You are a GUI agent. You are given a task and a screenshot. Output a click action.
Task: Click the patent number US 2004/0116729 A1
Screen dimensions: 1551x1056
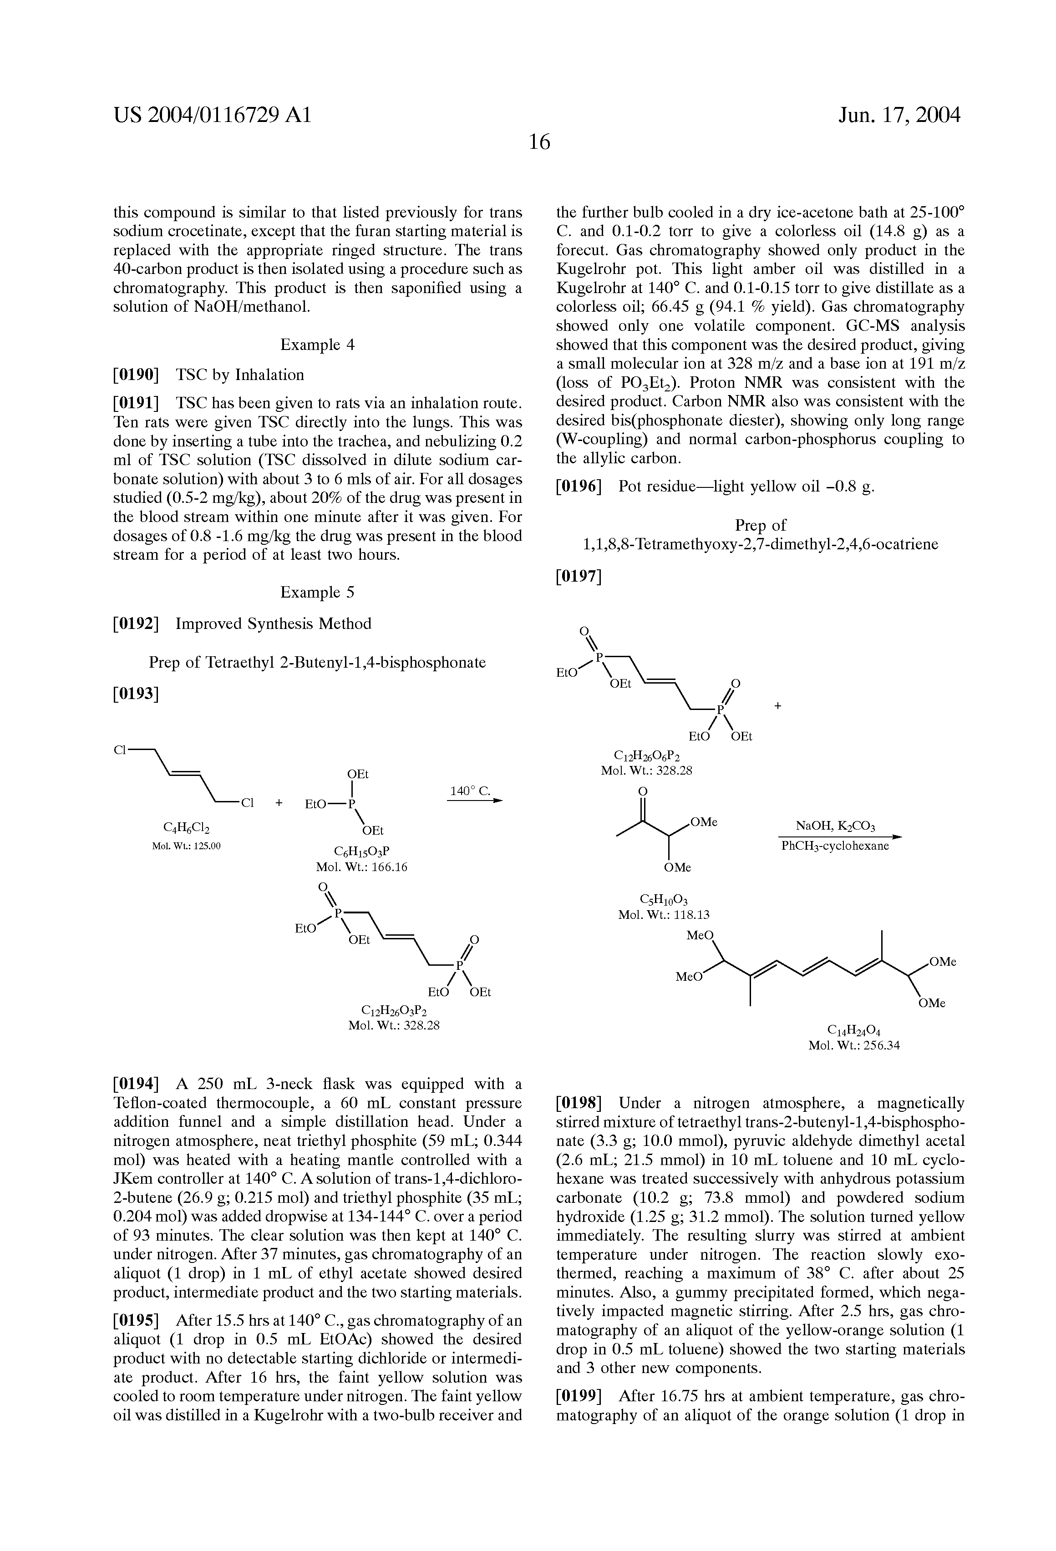coord(212,116)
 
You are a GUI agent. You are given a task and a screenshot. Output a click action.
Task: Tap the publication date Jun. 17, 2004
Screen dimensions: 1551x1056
coord(899,116)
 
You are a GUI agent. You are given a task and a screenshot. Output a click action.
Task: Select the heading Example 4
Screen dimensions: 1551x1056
coord(317,345)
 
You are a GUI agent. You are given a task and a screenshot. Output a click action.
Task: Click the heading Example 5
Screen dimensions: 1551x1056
coord(317,592)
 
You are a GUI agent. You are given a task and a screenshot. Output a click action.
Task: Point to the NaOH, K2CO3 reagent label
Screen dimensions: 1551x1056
coord(835,826)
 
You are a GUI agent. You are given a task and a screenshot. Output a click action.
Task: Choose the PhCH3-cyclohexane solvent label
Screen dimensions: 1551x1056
coord(835,846)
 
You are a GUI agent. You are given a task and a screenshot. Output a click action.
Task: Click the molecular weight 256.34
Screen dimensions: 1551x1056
coord(854,1046)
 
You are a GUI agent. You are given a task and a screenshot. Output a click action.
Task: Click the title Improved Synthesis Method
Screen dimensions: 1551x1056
coord(273,624)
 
